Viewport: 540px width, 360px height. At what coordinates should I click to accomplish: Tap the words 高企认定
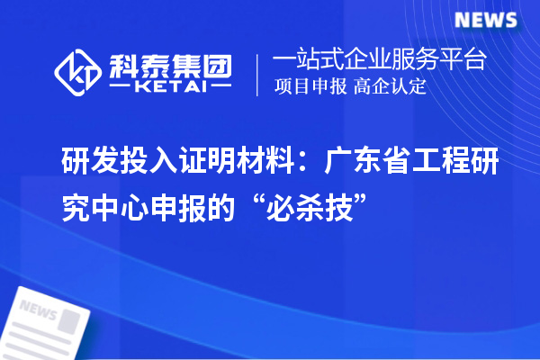point(391,87)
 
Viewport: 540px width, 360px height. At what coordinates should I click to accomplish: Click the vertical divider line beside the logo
point(258,73)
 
